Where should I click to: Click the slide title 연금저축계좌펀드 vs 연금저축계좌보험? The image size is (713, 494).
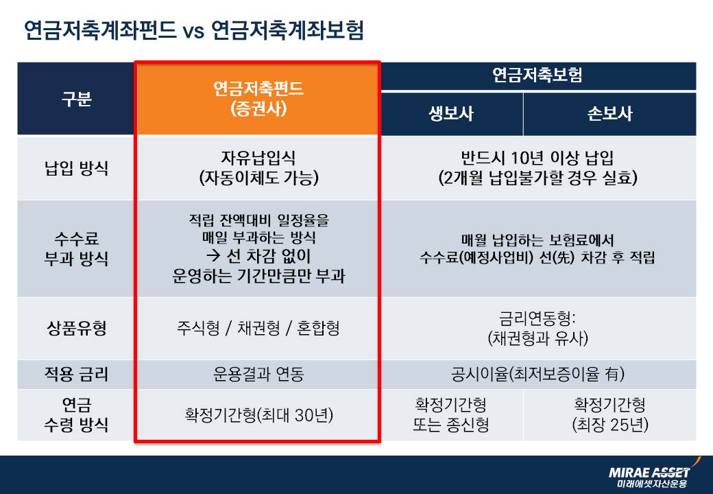pos(193,31)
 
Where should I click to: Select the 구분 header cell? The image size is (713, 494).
pos(76,99)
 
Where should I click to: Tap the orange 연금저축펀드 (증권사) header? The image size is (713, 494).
pos(258,99)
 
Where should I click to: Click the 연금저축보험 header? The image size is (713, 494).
pos(537,75)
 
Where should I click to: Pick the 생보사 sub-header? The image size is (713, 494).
pos(451,114)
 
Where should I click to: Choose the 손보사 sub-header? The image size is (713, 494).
pos(609,114)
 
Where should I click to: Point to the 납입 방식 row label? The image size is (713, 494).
pos(76,168)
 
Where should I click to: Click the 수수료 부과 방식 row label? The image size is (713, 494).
pos(76,248)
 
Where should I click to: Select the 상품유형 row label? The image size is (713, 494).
pos(76,328)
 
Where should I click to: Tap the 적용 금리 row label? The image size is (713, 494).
pos(76,375)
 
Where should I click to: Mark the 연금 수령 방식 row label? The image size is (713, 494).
pos(76,414)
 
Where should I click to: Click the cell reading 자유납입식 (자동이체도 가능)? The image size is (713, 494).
pos(258,168)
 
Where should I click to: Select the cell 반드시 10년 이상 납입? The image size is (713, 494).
pos(537,168)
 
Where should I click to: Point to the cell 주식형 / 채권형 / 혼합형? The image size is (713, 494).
pos(258,328)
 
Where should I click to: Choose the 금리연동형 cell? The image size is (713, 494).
pos(537,328)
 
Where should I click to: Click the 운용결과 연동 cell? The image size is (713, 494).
pos(258,375)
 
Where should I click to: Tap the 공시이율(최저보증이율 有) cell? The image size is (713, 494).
pos(537,375)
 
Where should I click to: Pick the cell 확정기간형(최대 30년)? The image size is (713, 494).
pos(258,414)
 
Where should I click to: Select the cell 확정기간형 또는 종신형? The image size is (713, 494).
pos(451,414)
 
